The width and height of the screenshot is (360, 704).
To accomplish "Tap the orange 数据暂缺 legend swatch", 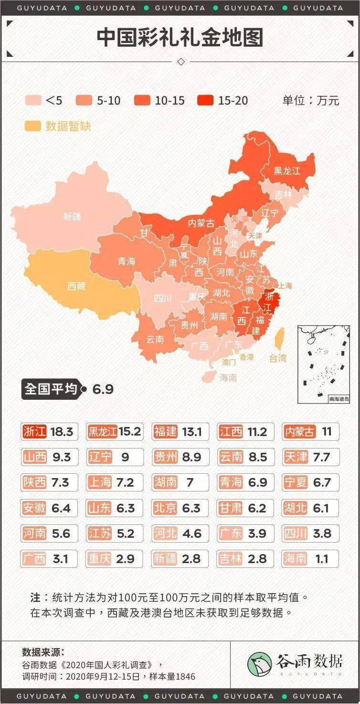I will (32, 126).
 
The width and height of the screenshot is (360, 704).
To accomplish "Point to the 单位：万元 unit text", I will (310, 100).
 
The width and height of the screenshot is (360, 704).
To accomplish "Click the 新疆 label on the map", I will (72, 216).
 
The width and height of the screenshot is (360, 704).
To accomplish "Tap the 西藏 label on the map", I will (76, 286).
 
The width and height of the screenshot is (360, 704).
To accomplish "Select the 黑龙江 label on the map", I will (287, 171).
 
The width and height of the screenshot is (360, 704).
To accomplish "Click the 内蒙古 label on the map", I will (201, 223).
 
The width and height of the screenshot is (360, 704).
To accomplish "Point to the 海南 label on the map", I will (228, 378).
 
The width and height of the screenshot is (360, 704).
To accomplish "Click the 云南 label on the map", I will (155, 340).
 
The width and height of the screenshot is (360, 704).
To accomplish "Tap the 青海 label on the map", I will (127, 261).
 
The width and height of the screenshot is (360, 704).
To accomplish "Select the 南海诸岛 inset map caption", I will (339, 399).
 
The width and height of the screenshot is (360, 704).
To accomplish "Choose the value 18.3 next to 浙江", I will (62, 432).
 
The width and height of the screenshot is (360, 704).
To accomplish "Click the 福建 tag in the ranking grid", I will (166, 432).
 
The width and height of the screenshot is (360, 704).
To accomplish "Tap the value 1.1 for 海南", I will (322, 558).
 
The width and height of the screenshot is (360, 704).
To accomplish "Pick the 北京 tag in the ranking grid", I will (166, 508).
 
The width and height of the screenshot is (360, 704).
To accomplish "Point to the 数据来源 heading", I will (43, 652).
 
